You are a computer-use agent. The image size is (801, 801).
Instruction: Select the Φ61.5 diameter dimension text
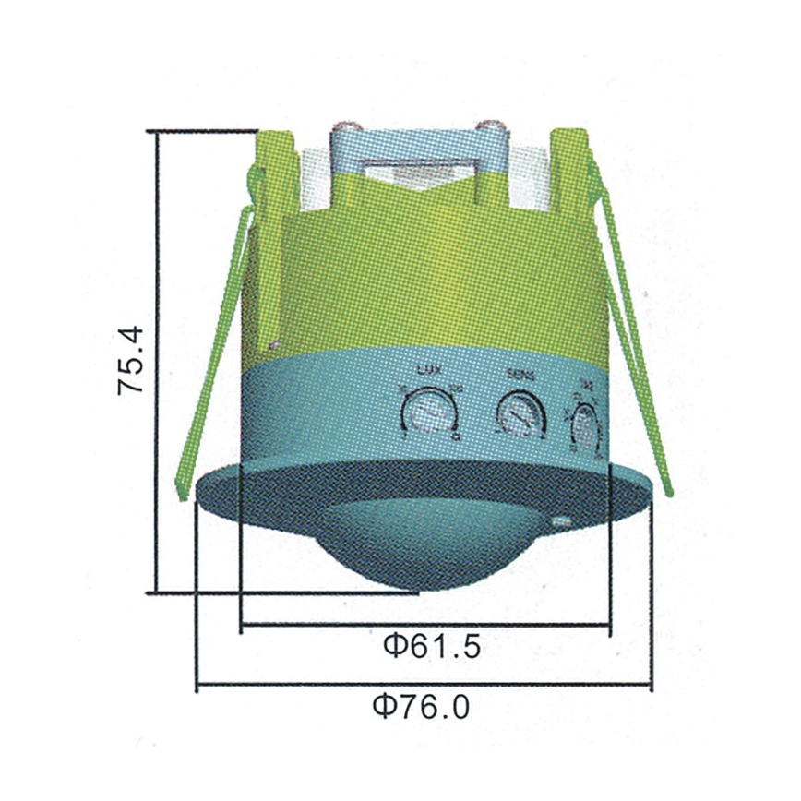tap(432, 647)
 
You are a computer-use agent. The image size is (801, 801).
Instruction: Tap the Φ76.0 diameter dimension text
tap(422, 708)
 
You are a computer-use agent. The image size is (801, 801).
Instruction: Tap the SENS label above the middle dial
tap(521, 375)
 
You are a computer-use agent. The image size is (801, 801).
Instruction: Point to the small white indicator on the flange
tap(560, 523)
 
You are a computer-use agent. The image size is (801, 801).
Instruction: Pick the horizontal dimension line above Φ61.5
tap(424, 628)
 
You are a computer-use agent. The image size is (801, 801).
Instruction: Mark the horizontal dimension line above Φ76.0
tap(424, 686)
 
